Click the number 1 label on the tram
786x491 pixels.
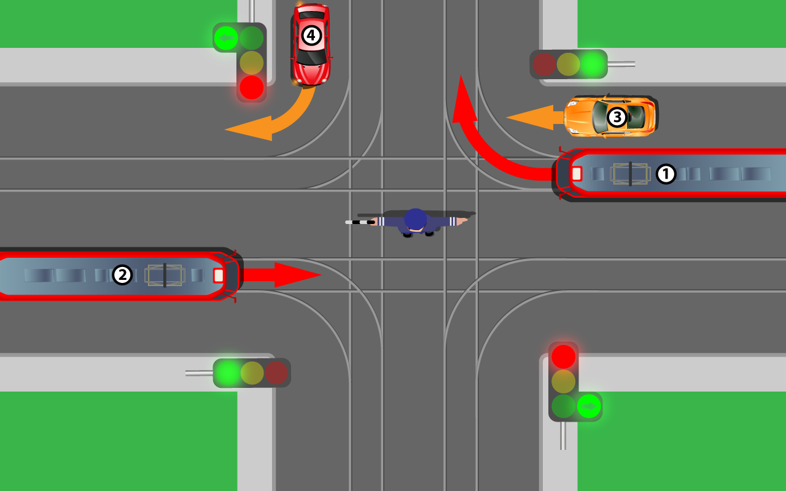[x=666, y=174]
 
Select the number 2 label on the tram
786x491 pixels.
[x=122, y=275]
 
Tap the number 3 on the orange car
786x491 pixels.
[x=616, y=117]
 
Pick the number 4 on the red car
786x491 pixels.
[x=311, y=36]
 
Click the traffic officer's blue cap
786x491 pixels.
[x=416, y=219]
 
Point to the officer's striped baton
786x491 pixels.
[x=360, y=222]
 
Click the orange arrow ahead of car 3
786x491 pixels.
[x=531, y=117]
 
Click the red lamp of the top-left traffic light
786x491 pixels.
[x=251, y=88]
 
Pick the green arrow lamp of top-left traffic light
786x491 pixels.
[x=226, y=38]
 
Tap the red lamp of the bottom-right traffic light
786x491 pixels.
[x=563, y=357]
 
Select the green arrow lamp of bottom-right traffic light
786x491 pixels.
[x=588, y=406]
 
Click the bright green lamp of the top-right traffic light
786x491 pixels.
[x=593, y=64]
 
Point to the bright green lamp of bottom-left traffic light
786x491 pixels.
[x=227, y=373]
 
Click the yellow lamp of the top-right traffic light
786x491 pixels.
[x=568, y=64]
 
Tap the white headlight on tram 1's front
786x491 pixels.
[x=576, y=174]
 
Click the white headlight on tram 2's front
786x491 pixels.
[x=218, y=276]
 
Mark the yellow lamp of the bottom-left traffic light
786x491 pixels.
[x=252, y=373]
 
